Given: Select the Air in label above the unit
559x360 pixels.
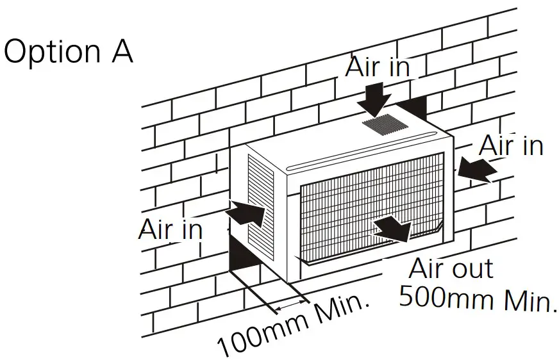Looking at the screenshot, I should (377, 66).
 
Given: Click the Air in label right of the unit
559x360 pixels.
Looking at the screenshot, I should (511, 145).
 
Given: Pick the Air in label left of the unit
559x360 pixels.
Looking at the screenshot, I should (169, 229).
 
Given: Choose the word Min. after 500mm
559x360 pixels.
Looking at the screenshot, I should (522, 300).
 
